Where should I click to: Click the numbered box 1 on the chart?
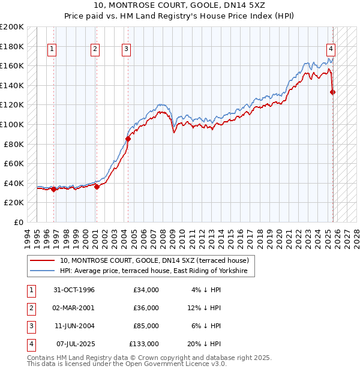53,50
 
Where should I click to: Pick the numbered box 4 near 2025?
331,50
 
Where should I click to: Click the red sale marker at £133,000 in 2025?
333,92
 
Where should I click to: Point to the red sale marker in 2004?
128,139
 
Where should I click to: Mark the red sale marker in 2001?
97,187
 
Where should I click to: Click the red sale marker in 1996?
53,189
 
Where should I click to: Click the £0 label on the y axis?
18,222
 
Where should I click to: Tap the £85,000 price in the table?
146,326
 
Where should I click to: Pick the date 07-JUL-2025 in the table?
73,344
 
